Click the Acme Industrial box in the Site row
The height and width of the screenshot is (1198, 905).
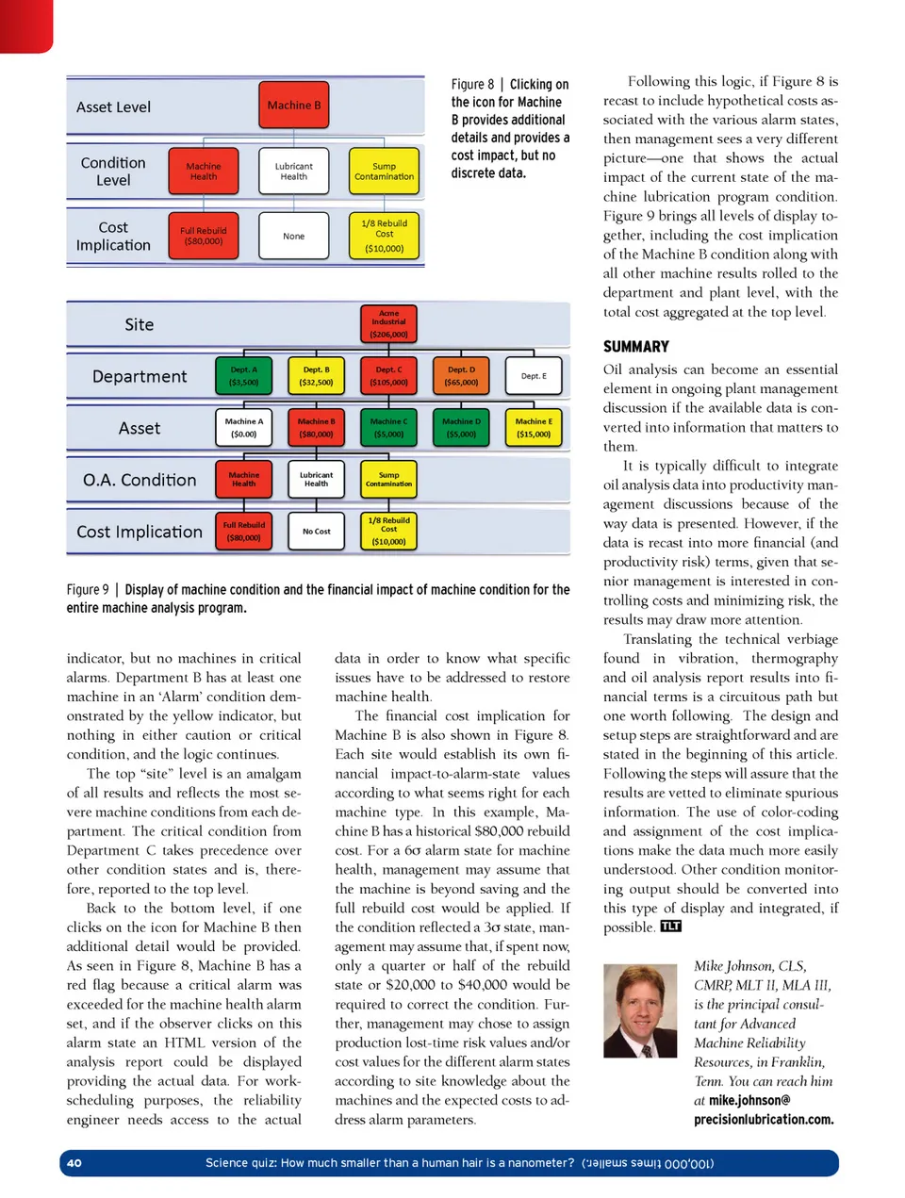[x=388, y=324]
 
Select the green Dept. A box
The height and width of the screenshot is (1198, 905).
[x=243, y=376]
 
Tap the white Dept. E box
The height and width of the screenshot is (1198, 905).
[x=534, y=376]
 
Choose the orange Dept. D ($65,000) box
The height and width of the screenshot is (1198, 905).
[x=461, y=376]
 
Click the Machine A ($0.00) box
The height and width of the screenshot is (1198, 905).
[x=243, y=428]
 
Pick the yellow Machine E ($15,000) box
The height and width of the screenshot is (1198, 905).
[x=534, y=428]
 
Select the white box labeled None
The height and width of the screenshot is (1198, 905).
[x=294, y=236]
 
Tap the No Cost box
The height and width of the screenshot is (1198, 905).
[x=316, y=532]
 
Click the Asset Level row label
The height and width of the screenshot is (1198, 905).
[x=113, y=107]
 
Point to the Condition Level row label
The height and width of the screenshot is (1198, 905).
[x=113, y=172]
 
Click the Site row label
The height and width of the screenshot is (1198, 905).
[x=140, y=325]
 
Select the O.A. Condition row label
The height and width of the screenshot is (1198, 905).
[x=140, y=480]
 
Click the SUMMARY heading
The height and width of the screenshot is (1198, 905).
[x=636, y=347]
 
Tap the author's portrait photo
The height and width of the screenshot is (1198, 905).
[x=640, y=1010]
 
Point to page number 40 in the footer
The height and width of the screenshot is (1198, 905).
[x=74, y=1163]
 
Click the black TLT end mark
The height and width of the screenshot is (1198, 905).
[x=670, y=927]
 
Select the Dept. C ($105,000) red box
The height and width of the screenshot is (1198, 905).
[x=388, y=376]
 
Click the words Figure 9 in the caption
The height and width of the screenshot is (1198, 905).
[x=88, y=590]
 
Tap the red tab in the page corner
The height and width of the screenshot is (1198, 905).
[x=25, y=24]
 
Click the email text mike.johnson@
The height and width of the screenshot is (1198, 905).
[x=742, y=1100]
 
